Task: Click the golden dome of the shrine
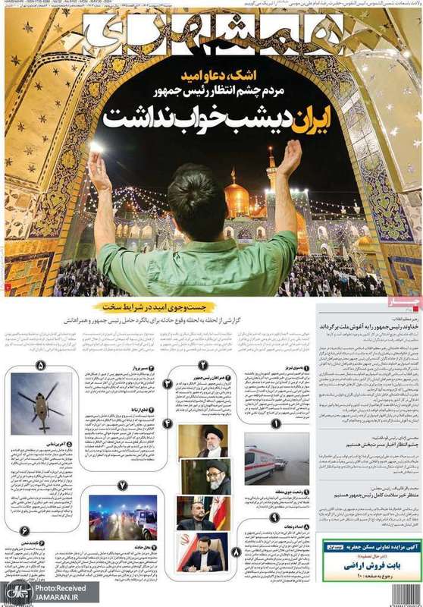(x=237, y=199)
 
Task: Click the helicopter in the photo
(x=41, y=401)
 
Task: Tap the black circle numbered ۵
(x=41, y=363)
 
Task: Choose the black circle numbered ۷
(x=122, y=484)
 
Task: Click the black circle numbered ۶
(x=23, y=529)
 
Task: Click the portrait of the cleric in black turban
(x=213, y=441)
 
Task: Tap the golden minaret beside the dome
(x=271, y=171)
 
